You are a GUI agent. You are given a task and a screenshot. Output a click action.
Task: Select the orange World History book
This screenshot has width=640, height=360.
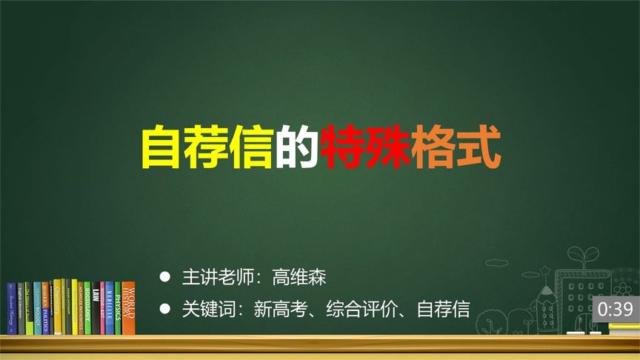[128, 307]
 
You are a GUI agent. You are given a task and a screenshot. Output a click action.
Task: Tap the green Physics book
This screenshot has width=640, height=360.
[117, 307]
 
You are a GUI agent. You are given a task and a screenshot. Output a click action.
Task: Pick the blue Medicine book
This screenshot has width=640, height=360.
[109, 307]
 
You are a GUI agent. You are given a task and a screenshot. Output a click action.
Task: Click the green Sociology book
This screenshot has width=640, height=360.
[87, 307]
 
